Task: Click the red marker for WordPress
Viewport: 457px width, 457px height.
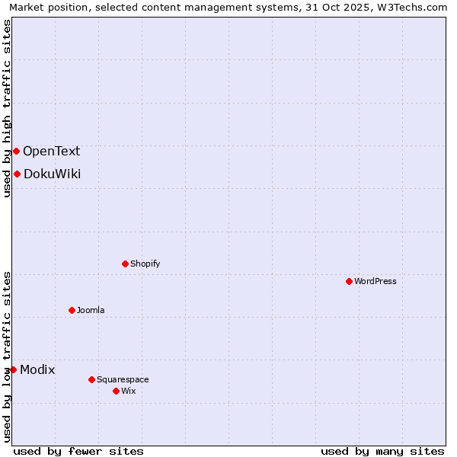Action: click(349, 281)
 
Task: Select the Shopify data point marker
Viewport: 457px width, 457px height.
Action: click(125, 264)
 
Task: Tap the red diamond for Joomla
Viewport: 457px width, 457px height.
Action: click(72, 310)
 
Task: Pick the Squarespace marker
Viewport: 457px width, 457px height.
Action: click(91, 379)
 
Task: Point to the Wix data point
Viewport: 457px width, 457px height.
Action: click(116, 391)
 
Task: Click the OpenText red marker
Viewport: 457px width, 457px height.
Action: click(16, 151)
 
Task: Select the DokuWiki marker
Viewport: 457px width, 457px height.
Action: click(17, 174)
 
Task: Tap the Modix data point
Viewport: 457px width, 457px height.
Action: click(13, 369)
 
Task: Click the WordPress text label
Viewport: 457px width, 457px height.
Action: click(376, 281)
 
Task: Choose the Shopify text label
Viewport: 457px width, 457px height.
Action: click(145, 264)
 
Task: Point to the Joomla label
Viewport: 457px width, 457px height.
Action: click(91, 310)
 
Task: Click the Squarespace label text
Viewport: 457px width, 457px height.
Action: click(123, 379)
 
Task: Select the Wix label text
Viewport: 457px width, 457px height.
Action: click(128, 391)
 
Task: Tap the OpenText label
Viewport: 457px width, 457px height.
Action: click(51, 151)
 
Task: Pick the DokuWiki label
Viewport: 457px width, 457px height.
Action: click(52, 174)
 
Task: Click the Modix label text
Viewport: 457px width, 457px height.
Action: click(37, 369)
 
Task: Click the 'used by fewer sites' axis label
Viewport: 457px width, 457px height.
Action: click(78, 451)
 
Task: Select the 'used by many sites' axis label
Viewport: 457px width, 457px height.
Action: click(382, 451)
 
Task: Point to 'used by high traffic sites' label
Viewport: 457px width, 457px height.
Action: click(7, 108)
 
